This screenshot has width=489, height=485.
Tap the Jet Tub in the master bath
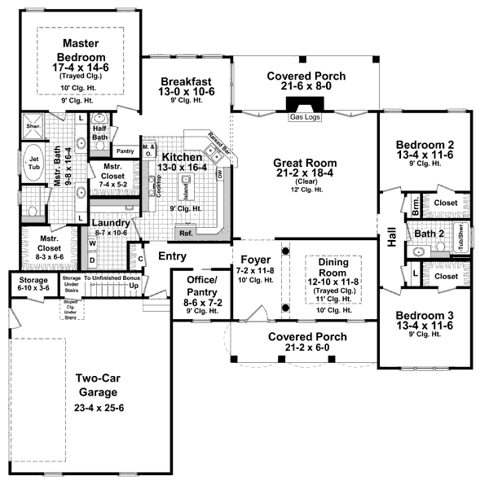35,164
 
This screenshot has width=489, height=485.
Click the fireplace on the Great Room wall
305,106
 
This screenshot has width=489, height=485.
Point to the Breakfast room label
187,81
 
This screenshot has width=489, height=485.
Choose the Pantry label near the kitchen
125,151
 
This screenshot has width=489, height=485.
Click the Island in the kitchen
185,192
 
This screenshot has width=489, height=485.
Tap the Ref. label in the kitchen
185,234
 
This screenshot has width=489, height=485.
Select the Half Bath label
100,133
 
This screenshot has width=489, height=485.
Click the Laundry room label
108,223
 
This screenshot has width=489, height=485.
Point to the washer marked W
92,242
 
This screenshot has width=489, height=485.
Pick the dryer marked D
92,260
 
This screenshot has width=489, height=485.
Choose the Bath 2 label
430,234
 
